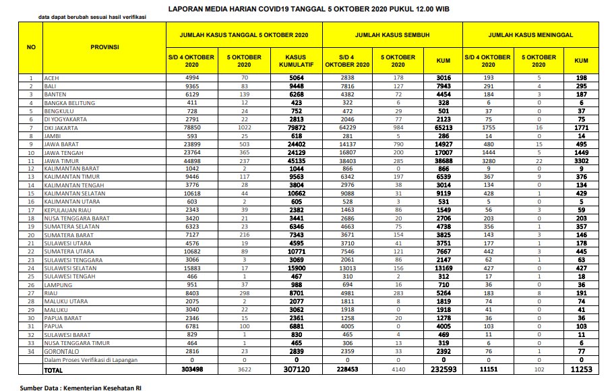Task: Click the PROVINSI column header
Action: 104,47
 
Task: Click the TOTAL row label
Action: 55,370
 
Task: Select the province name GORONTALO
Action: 61,352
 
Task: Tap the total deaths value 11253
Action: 581,370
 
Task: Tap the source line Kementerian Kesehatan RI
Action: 80,387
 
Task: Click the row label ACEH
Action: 51,78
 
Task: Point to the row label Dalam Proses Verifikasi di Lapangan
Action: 90,361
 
